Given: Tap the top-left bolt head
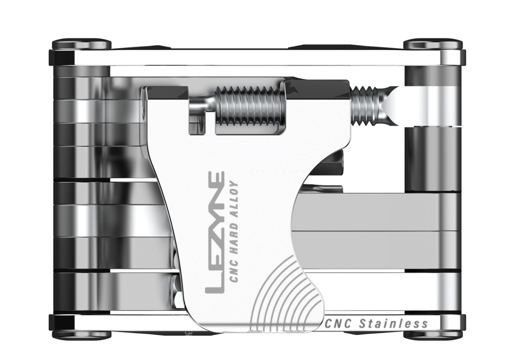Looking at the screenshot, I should click(x=82, y=44).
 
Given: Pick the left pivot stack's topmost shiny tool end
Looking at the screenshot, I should click(x=81, y=72).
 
